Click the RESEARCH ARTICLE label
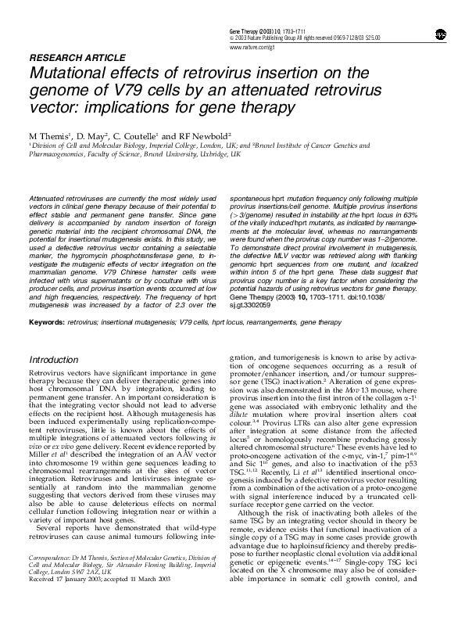click(x=77, y=58)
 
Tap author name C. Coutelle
click(x=134, y=135)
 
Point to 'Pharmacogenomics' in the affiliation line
click(x=57, y=155)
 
